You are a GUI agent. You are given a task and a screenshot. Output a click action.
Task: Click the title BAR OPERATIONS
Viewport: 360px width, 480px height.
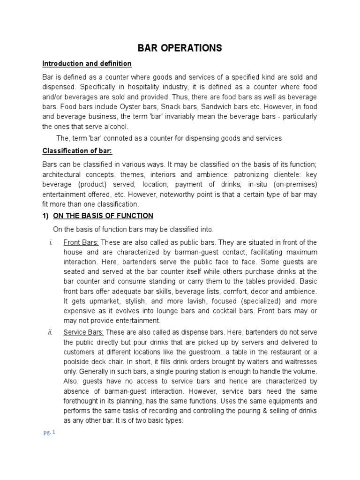180,48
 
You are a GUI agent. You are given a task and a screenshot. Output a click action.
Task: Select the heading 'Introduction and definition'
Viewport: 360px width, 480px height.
87,63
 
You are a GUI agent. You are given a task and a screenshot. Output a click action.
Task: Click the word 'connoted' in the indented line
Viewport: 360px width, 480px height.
121,138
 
